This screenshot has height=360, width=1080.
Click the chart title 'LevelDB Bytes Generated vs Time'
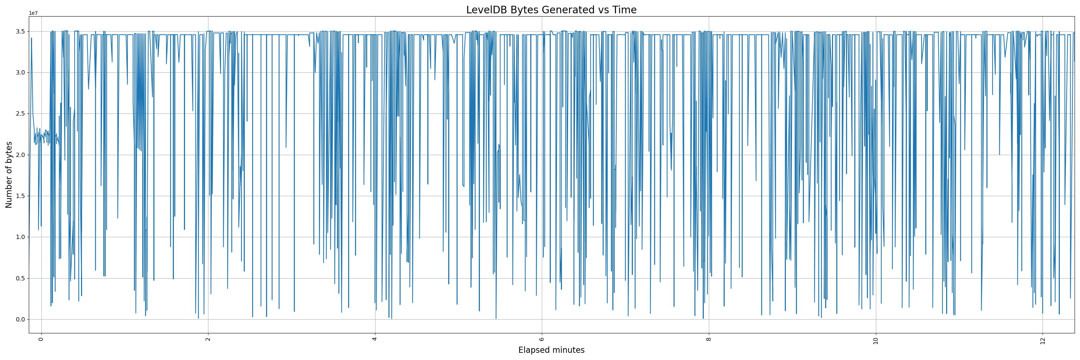tap(551, 10)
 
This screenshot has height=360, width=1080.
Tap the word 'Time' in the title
tap(624, 10)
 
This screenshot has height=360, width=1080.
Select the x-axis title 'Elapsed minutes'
tap(551, 350)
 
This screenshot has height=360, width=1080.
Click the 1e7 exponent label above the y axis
tap(33, 13)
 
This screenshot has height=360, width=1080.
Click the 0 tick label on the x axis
tap(41, 339)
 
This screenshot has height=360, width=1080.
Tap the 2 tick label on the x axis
tap(208, 339)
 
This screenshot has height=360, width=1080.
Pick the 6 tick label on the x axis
tap(542, 339)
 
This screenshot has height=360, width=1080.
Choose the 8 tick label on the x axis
tap(708, 339)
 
